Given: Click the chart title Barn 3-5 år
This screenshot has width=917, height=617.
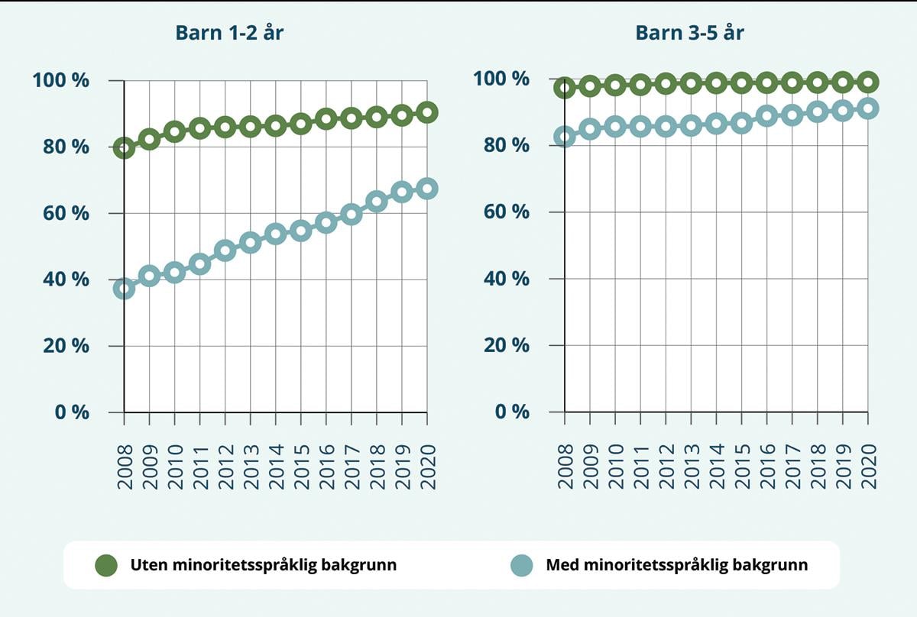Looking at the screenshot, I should [x=689, y=33].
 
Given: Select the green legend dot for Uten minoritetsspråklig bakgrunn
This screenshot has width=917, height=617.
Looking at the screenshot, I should [x=106, y=566].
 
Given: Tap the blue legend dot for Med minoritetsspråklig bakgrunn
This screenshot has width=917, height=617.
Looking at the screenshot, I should [x=521, y=566].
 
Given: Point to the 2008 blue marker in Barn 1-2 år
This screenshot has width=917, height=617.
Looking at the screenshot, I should [x=124, y=289].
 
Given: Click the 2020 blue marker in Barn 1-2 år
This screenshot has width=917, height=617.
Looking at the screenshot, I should [x=427, y=189].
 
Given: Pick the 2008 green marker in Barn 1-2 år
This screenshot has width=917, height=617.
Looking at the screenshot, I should [x=124, y=148].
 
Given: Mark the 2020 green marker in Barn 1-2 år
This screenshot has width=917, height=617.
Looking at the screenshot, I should [x=427, y=112].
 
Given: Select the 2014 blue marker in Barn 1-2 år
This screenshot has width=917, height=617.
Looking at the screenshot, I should [x=275, y=234].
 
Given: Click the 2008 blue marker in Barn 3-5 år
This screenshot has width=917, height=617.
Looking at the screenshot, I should [x=564, y=137].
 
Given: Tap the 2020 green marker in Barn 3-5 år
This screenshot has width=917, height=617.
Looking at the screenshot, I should [x=867, y=82].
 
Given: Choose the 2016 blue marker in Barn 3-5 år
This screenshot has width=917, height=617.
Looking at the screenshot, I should [x=766, y=116].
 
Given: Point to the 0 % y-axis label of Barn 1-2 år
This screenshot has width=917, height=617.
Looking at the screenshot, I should [x=69, y=412].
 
